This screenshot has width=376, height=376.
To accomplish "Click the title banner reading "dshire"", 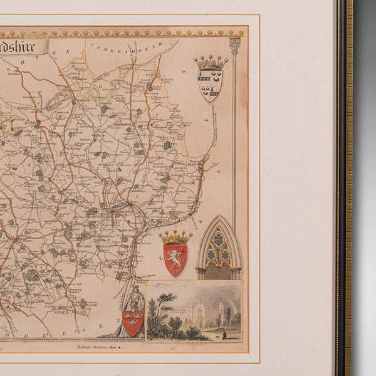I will (24, 46).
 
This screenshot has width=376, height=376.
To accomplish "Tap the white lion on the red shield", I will (175, 258).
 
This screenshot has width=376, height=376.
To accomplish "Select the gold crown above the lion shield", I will (175, 238).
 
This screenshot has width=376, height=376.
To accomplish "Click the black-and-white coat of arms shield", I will (210, 85).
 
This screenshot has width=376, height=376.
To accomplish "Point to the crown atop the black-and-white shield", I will (210, 63).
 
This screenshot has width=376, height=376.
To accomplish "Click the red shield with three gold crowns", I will (133, 322).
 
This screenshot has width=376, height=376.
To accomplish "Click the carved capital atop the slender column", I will (235, 45).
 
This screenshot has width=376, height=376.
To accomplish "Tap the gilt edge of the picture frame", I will (348, 188).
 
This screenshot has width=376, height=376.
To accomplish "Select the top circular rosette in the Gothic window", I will (219, 239).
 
